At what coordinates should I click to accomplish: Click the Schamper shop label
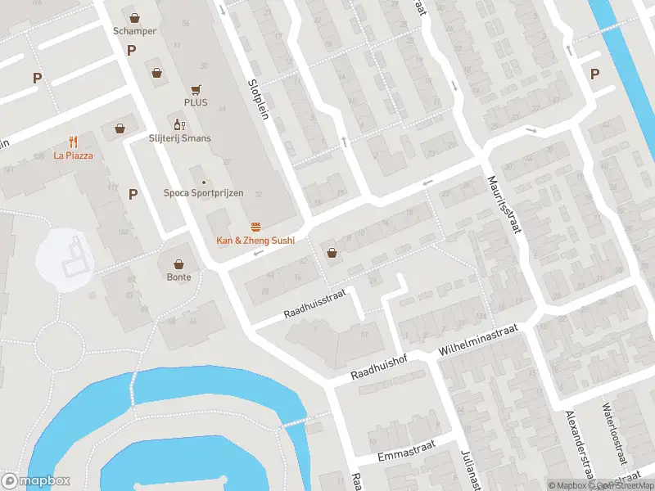[135, 31]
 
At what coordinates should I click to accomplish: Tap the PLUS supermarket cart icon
[196, 89]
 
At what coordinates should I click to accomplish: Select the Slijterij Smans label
[180, 138]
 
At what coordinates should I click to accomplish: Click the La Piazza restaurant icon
[74, 141]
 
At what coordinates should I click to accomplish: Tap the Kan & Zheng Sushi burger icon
[255, 226]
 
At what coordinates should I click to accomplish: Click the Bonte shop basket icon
[179, 264]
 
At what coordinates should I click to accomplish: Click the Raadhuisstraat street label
[316, 303]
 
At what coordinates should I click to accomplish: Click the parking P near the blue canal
[594, 74]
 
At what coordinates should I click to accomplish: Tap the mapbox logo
[36, 481]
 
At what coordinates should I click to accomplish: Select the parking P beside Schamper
[131, 51]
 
